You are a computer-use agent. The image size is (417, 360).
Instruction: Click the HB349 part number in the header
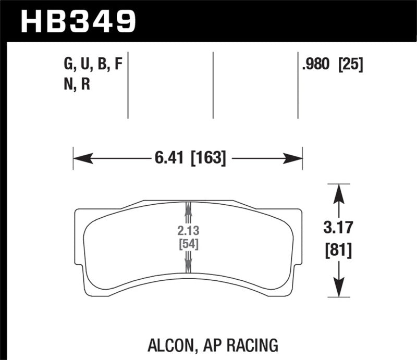point(78,21)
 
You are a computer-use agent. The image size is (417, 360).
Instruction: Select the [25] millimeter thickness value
point(351,65)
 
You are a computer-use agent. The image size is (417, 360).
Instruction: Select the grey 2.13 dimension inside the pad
point(187,231)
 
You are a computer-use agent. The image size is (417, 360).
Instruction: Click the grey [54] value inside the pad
point(187,244)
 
